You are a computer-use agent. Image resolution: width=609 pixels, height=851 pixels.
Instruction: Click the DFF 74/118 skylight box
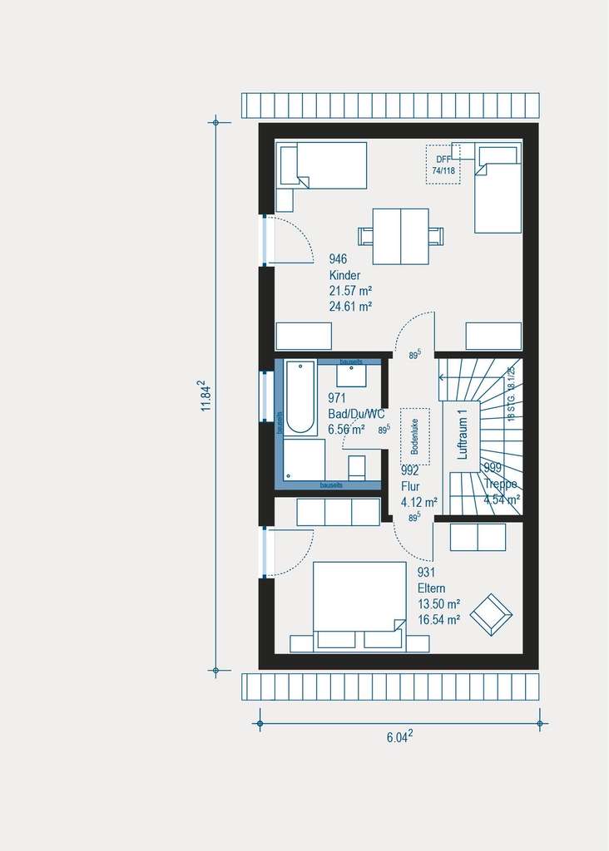443,165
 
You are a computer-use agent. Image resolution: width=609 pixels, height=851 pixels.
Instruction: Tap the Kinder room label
345,275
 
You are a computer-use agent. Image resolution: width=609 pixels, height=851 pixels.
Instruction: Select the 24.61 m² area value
350,305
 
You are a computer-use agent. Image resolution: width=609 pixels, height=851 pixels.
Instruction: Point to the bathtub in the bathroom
300,397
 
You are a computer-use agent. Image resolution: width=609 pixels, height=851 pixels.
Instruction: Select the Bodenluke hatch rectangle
415,436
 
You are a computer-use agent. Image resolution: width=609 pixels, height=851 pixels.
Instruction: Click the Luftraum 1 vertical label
463,433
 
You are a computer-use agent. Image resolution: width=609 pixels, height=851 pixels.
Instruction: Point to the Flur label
410,487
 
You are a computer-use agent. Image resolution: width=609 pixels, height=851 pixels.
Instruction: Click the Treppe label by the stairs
502,484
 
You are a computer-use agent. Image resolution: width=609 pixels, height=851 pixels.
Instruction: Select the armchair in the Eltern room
491,614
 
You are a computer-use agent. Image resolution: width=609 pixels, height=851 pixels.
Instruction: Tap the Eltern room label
433,588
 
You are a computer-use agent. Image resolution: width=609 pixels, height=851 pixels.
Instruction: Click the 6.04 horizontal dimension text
400,737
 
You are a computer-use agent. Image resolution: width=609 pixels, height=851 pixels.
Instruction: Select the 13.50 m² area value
438,604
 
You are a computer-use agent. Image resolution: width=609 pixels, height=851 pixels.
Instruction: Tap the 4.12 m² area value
418,502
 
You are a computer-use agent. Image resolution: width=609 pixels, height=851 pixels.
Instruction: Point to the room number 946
338,260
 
